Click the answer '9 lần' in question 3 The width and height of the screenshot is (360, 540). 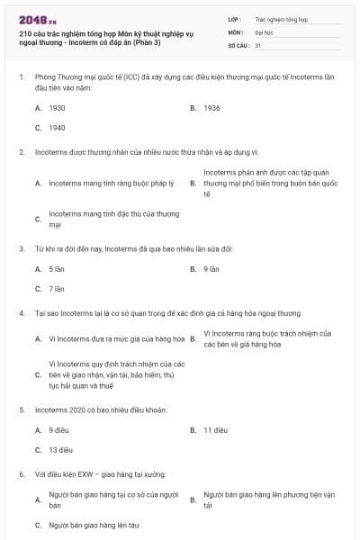tap(211, 268)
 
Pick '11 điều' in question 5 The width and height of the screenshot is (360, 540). tap(214, 429)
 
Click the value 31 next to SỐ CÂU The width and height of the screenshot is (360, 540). tap(258, 45)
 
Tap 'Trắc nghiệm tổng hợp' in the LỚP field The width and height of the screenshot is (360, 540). tap(280, 18)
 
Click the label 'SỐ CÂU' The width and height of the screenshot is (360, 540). tap(238, 45)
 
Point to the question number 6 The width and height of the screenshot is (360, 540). tap(21, 473)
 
